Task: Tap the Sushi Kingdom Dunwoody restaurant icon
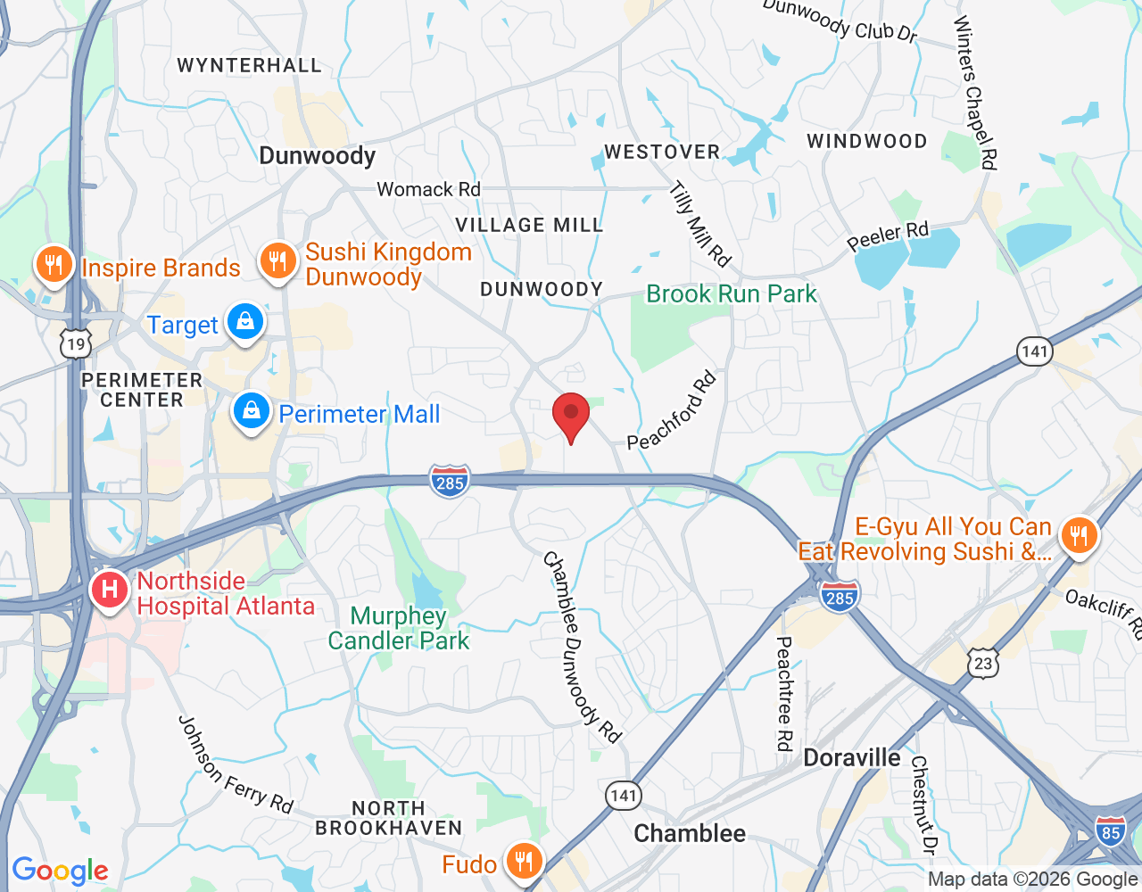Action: click(x=278, y=261)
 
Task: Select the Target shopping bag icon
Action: click(x=244, y=321)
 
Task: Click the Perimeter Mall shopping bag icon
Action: click(x=252, y=411)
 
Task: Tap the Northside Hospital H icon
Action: click(x=110, y=590)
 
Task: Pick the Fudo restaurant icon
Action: click(x=523, y=862)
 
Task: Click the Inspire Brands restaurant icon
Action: click(x=54, y=264)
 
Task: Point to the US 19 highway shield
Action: click(x=76, y=343)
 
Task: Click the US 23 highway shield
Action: click(x=982, y=664)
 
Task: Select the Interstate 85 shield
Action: click(x=1110, y=832)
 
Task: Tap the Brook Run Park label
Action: click(x=731, y=293)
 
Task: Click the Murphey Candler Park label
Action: click(x=398, y=628)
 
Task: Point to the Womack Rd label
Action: click(x=428, y=189)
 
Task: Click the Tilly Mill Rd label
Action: click(x=700, y=224)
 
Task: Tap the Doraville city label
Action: click(x=851, y=758)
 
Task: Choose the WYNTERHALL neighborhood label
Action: click(x=249, y=65)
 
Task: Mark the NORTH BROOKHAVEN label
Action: click(x=388, y=818)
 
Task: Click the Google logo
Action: click(x=60, y=871)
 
